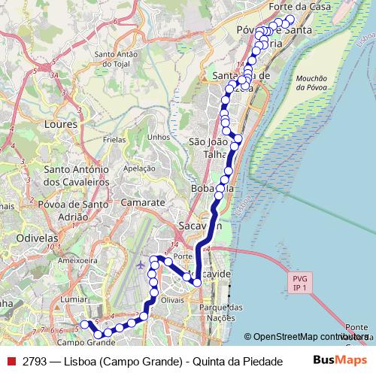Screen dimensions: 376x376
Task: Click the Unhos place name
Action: pos(159,137)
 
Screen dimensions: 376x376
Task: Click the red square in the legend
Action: pos(11,361)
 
